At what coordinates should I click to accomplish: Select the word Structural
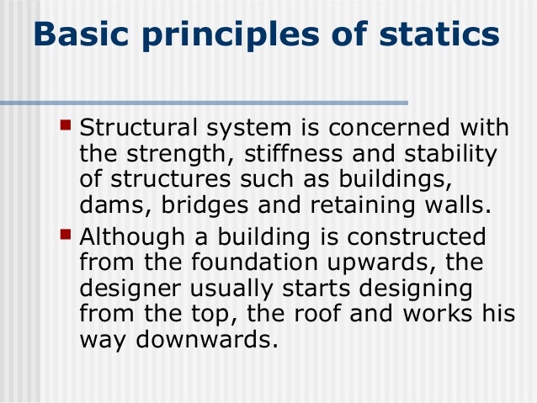pos(139,131)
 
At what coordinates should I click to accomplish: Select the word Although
pos(134,236)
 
